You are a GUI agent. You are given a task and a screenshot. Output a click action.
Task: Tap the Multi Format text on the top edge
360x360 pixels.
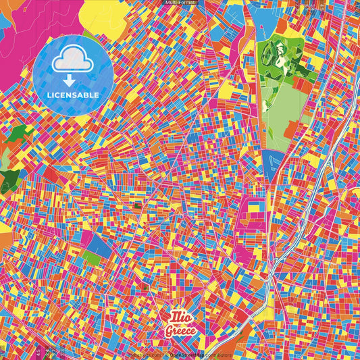pos(180,3)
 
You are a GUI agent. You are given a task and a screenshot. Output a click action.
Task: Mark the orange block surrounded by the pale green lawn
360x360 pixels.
pos(292,130)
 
